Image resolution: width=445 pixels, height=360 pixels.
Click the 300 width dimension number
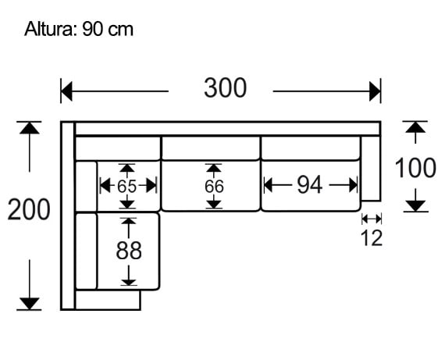point(225,89)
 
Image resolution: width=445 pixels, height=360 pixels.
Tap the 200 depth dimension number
point(29,210)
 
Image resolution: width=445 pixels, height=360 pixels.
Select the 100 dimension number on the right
point(415,168)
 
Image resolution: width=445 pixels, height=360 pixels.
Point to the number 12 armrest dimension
point(372,238)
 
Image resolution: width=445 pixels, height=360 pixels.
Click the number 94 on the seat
point(309,185)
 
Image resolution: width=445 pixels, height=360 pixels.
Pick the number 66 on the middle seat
point(213,187)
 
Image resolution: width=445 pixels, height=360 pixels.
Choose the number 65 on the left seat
point(127,187)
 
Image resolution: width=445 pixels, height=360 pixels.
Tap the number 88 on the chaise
point(129,251)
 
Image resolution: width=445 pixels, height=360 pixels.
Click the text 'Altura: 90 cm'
point(79,30)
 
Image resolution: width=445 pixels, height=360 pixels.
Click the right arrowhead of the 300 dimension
point(376,91)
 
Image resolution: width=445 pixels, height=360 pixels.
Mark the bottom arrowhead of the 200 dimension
point(30,303)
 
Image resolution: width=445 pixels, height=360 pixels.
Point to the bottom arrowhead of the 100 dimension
point(415,205)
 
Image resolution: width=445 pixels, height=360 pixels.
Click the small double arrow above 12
point(372,219)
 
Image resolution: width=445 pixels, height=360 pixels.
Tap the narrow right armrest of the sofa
point(371,168)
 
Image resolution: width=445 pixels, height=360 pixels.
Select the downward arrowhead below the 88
point(129,279)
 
